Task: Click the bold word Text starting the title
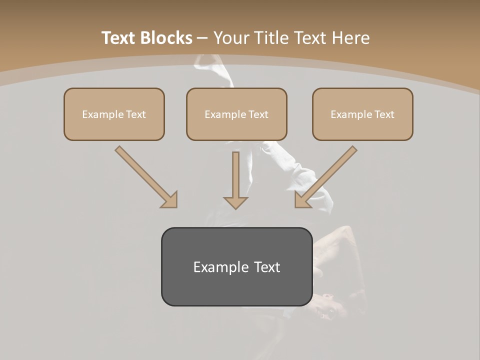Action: click(x=119, y=38)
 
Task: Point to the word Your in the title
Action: click(x=231, y=38)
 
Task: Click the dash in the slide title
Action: click(x=202, y=38)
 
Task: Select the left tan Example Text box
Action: click(x=114, y=114)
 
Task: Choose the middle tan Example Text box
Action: click(x=236, y=114)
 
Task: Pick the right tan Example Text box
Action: click(x=362, y=114)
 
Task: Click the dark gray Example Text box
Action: click(x=236, y=266)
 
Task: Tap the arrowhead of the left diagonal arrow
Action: click(x=170, y=200)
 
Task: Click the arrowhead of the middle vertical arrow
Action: click(x=235, y=202)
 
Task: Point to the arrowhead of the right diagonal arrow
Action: click(x=302, y=200)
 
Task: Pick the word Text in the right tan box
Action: click(x=384, y=114)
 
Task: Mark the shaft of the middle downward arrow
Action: click(x=235, y=172)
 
